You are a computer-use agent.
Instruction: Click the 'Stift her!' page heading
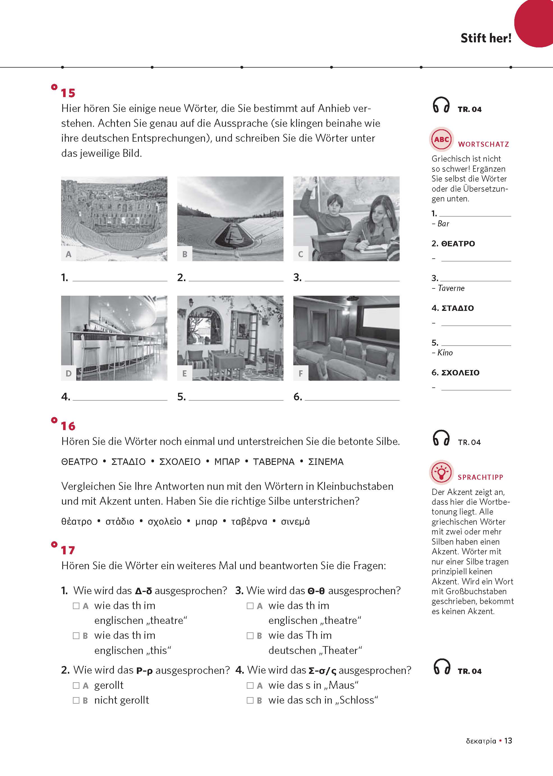[x=486, y=38]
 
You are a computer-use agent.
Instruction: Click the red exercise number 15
[x=68, y=93]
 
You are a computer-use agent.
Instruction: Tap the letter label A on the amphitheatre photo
[x=68, y=254]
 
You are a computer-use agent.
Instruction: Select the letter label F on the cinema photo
[x=301, y=373]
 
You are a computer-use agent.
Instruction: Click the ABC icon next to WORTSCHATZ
[x=441, y=139]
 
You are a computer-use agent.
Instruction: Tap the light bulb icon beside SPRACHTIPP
[x=441, y=472]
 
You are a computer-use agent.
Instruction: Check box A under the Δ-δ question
[x=76, y=606]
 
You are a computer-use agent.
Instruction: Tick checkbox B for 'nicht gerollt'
[x=76, y=700]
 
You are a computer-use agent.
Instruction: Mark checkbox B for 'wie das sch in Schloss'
[x=250, y=700]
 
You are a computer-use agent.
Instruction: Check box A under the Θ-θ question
[x=250, y=606]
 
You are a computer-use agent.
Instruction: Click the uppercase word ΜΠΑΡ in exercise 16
[x=227, y=462]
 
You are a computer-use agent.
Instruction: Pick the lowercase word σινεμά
[x=295, y=522]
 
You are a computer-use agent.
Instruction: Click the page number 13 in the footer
[x=508, y=741]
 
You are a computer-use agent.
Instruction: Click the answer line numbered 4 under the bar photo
[x=120, y=397]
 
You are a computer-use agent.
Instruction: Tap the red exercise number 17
[x=68, y=550]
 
